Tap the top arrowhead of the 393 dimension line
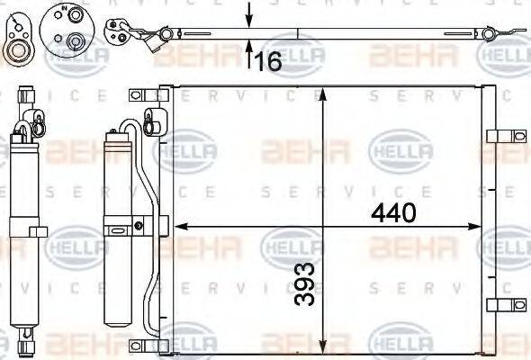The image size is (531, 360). click(x=325, y=93)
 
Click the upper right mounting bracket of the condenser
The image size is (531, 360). click(x=498, y=137)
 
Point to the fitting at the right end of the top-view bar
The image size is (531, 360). click(x=489, y=35)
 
